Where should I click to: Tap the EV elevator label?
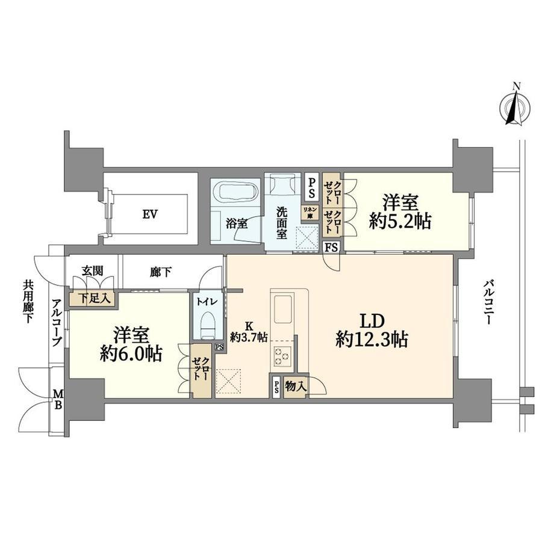(150, 214)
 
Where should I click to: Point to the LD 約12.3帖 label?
(372, 330)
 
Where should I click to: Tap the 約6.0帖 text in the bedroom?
(131, 353)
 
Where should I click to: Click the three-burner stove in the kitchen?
(282, 356)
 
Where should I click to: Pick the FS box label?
(331, 247)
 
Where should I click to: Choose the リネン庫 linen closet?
(309, 213)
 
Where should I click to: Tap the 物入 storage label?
(296, 387)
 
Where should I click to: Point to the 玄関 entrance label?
(93, 271)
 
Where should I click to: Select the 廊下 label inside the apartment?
(161, 272)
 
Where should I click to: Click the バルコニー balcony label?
(488, 302)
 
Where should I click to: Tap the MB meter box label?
(58, 399)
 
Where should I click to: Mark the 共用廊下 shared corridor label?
(28, 301)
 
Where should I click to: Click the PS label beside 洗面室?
(312, 188)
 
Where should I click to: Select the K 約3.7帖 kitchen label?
(249, 332)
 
